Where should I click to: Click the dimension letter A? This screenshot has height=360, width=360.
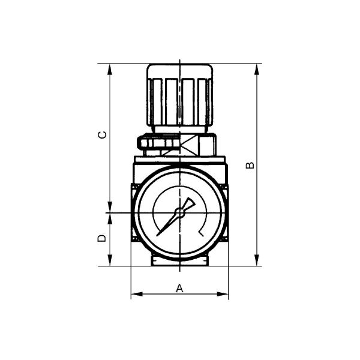coord(179,288)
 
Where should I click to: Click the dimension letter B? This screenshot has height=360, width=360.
coord(250,165)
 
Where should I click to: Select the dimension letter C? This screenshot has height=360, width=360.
coord(103,134)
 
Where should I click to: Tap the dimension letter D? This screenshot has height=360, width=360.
coord(102,238)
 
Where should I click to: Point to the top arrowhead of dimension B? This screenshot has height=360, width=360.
coord(257,69)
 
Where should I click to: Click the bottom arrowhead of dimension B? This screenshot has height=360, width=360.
coord(257,260)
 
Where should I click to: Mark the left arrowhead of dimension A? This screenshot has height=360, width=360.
coord(137,294)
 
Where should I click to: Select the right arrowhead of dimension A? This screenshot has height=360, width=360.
coord(223,294)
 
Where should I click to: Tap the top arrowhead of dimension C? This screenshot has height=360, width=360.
coord(110,69)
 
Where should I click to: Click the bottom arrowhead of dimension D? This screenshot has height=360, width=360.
coord(110,260)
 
